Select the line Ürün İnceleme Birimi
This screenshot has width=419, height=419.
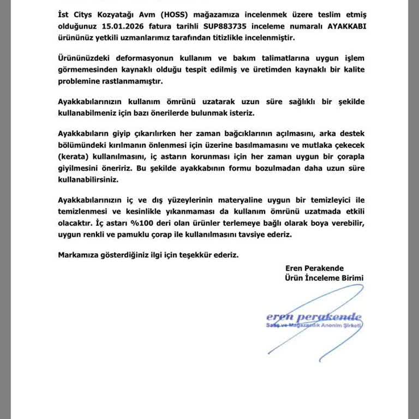pyautogui.click(x=324, y=278)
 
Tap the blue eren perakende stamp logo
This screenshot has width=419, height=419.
pyautogui.click(x=314, y=317)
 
